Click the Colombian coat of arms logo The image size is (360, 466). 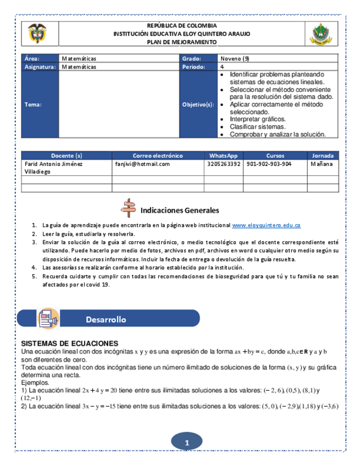(37, 34)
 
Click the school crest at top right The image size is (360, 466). (321, 34)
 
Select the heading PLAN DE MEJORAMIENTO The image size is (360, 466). (181, 42)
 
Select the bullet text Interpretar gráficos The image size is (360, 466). (257, 119)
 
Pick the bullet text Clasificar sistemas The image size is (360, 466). (257, 126)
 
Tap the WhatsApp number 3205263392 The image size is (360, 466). (224, 164)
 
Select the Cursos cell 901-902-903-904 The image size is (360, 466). (269, 164)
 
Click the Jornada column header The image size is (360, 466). (323, 156)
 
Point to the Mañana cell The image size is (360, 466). (321, 164)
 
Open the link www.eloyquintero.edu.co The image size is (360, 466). (267, 225)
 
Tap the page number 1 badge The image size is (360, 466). (186, 442)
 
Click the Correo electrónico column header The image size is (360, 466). (158, 156)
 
